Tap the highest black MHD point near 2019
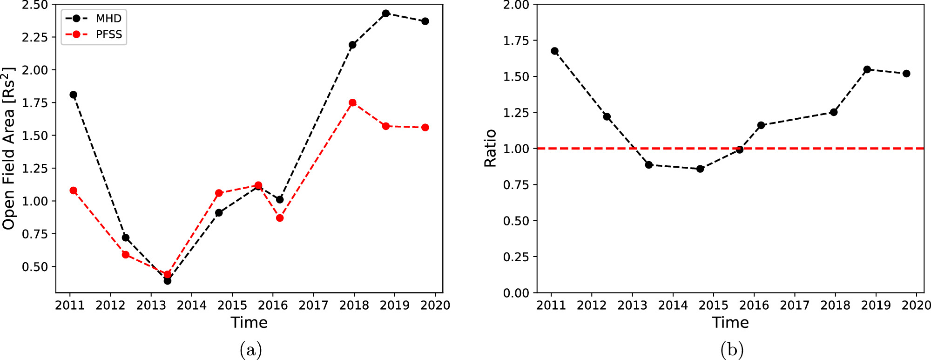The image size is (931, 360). [386, 14]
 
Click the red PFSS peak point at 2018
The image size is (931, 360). [352, 102]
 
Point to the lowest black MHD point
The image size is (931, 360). [168, 281]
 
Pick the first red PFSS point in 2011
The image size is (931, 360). [73, 190]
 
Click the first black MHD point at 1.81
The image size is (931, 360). [73, 95]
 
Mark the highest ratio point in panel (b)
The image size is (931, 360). [554, 51]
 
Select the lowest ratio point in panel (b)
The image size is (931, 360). [700, 169]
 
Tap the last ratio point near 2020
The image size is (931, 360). [906, 74]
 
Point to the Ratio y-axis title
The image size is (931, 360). [490, 149]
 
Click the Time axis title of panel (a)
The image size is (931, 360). [249, 322]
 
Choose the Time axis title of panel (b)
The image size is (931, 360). [730, 322]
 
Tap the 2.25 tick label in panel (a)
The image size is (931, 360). [35, 37]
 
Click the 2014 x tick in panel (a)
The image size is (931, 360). [191, 306]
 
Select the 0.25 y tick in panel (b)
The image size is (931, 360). [516, 257]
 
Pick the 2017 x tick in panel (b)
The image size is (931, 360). [795, 306]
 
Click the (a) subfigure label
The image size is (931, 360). [250, 349]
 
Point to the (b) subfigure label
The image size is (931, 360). [732, 349]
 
